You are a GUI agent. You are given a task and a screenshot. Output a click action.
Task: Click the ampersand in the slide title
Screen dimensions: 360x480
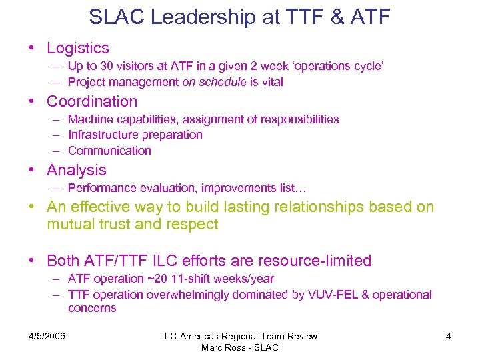[333, 17]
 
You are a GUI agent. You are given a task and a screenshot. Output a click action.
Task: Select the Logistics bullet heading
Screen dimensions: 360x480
[77, 48]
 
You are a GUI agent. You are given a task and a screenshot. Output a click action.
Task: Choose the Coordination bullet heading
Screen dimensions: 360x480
[92, 101]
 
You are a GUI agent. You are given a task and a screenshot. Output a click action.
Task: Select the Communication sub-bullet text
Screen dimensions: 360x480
[109, 151]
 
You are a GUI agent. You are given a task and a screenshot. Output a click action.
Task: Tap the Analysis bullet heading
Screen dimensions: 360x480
[76, 170]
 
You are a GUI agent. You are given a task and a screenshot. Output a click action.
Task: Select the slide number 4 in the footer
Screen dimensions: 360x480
[448, 336]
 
